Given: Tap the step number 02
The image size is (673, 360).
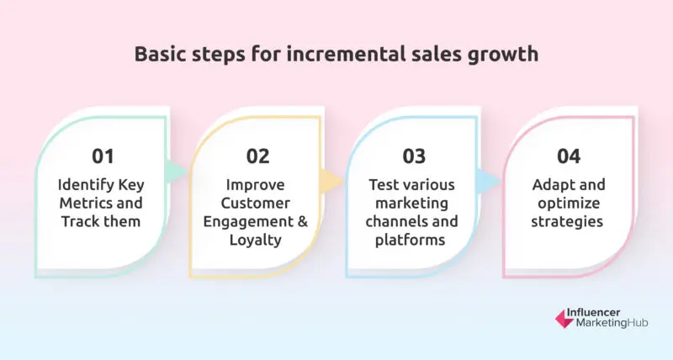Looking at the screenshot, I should tap(258, 156).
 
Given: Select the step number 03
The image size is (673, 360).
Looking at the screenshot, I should tap(414, 156).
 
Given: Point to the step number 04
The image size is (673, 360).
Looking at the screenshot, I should tap(570, 156).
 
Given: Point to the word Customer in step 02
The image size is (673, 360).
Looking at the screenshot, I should tap(258, 204).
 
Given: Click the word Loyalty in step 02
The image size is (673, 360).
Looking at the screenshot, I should tap(258, 241).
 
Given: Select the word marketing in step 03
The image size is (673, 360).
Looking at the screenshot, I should tap(414, 204).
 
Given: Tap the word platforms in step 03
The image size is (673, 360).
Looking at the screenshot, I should tap(414, 241).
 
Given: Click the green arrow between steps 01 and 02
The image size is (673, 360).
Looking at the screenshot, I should tap(175, 171).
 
